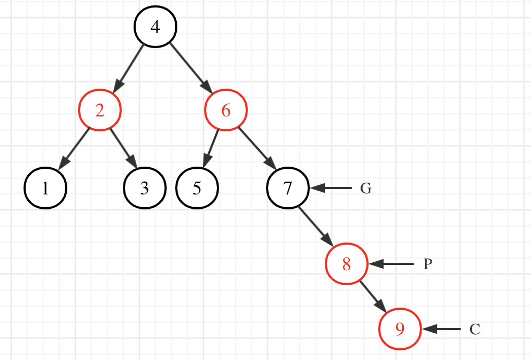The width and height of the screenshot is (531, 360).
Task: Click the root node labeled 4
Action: (155, 27)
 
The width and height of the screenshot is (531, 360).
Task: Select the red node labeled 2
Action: (100, 111)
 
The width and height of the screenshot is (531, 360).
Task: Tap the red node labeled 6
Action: (225, 111)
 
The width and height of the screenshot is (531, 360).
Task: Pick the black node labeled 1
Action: (45, 189)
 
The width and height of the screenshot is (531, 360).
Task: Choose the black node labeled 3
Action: (144, 189)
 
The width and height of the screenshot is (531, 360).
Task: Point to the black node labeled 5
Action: (197, 189)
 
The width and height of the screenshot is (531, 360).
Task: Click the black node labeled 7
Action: (288, 189)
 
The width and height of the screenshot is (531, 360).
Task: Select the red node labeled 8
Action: (347, 264)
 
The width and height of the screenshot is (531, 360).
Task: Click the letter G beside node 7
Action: (365, 189)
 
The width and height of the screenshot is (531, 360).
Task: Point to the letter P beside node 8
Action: (427, 264)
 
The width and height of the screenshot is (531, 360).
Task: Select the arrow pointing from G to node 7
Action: (331, 189)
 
